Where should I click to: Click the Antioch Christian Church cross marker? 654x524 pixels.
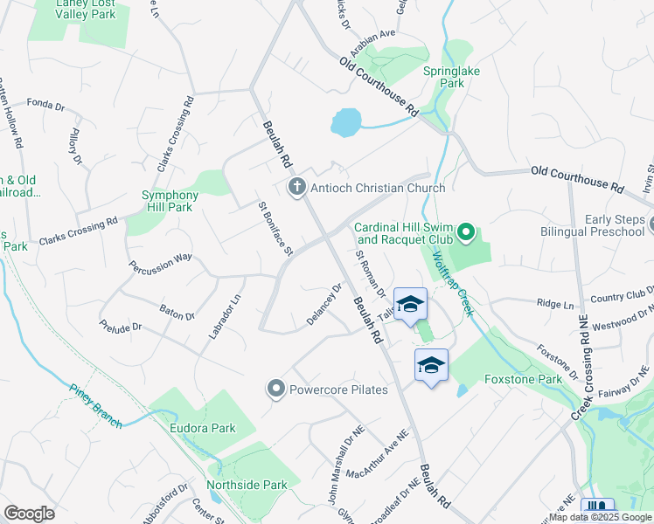[297, 188]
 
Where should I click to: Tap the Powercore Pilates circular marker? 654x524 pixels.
[277, 389]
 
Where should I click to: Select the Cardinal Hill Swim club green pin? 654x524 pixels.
[466, 233]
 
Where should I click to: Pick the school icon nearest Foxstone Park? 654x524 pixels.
[431, 365]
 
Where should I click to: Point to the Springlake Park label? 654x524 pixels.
[443, 77]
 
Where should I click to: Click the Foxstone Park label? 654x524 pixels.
[523, 380]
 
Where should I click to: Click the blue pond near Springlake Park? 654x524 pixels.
[346, 122]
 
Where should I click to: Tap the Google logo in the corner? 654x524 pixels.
[29, 514]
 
